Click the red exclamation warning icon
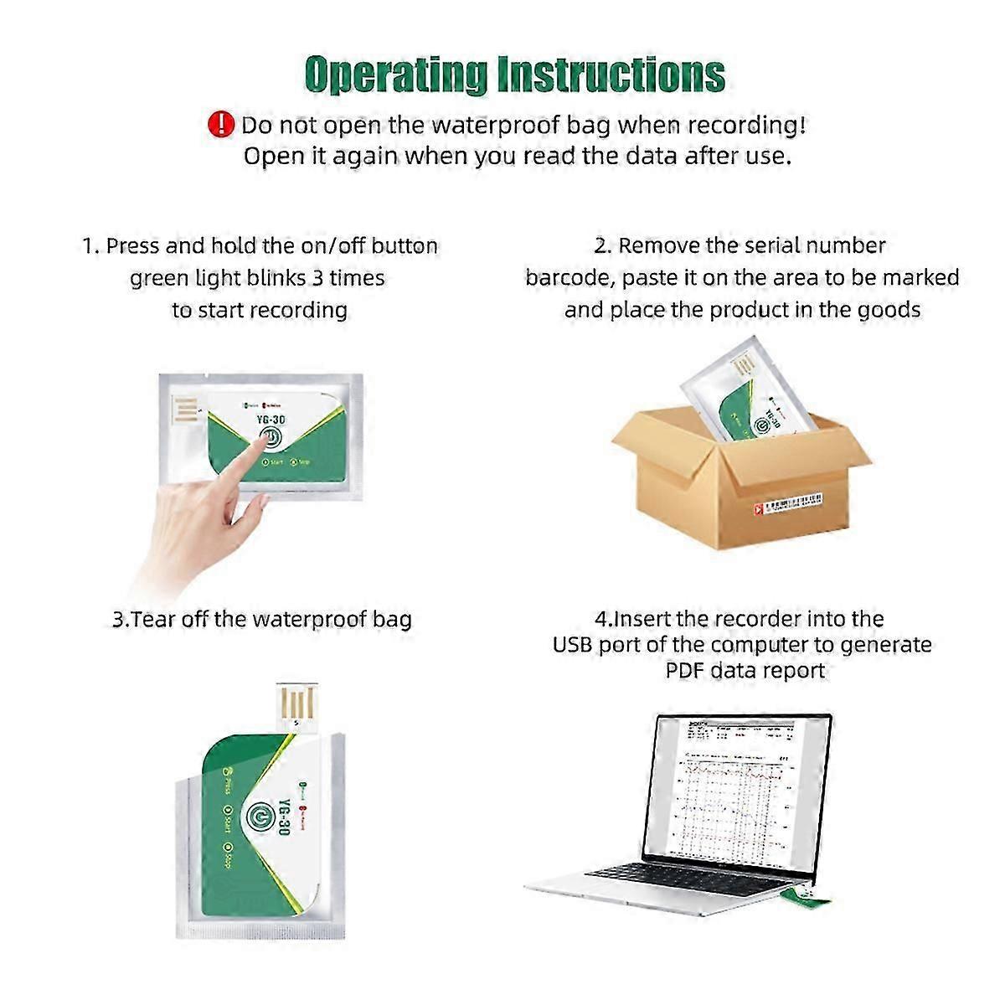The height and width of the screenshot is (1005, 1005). pos(220,125)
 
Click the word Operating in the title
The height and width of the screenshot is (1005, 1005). pos(395,75)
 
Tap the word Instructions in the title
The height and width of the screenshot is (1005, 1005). pos(611,75)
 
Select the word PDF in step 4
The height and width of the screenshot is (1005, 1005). pos(683,671)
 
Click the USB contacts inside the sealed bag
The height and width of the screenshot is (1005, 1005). pos(186,412)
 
